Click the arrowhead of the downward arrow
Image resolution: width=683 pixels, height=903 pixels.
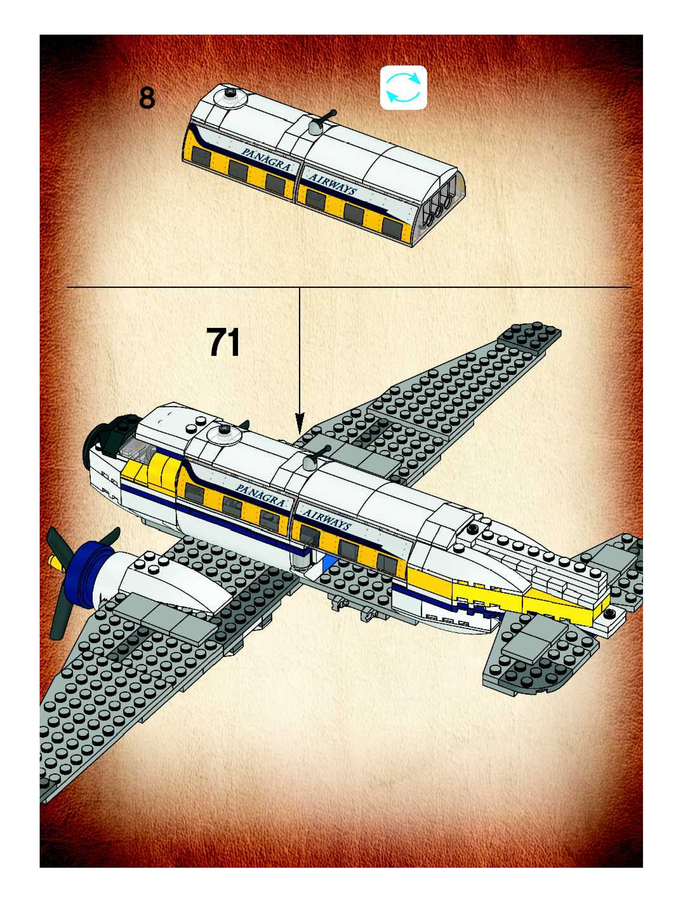300,423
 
